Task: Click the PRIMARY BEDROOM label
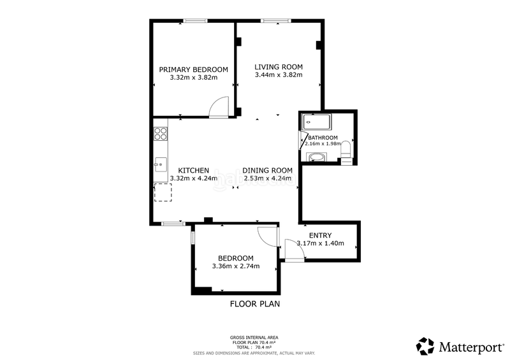(194, 69)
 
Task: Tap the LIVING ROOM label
(279, 67)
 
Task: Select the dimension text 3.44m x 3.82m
(279, 75)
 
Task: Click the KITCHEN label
(193, 170)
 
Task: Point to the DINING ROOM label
(267, 170)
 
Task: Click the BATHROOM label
(323, 138)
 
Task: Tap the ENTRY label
(320, 236)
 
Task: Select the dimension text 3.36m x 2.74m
(236, 266)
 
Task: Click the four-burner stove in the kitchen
(161, 134)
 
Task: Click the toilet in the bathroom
(346, 150)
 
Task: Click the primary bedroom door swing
(219, 106)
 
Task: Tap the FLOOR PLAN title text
(254, 304)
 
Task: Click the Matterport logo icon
(425, 346)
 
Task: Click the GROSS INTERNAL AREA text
(254, 337)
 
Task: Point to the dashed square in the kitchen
(163, 192)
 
